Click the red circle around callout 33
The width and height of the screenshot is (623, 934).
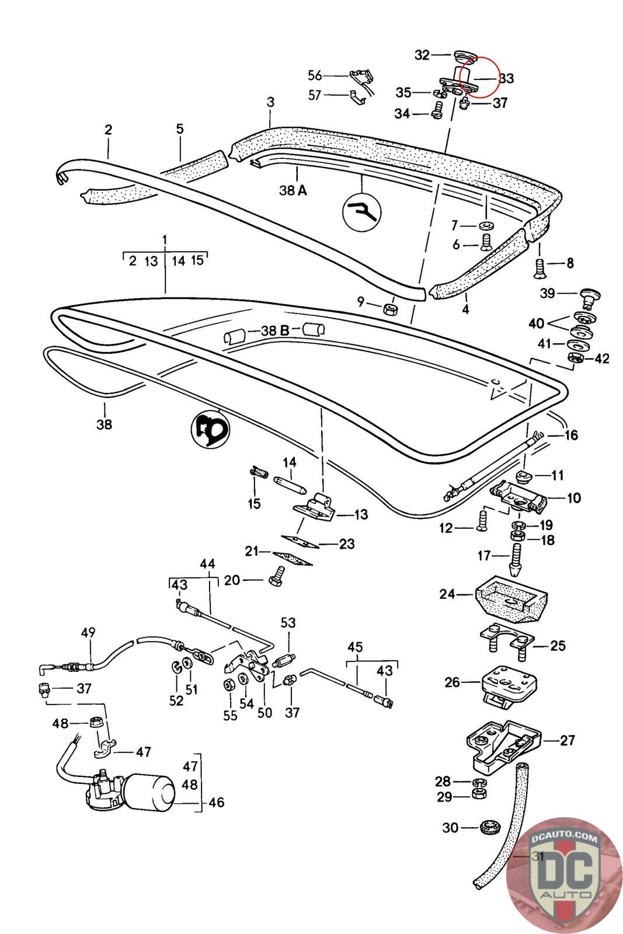pos(479,76)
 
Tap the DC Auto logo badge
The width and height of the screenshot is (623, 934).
pos(564,876)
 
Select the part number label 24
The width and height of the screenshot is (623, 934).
pos(447,594)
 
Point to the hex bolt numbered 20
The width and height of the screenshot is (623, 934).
pos(277,577)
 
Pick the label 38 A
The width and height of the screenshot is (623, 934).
pos(293,190)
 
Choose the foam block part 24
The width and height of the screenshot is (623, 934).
pos(511,599)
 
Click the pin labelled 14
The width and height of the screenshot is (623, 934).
pos(291,485)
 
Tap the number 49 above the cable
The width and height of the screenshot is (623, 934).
pos(88,632)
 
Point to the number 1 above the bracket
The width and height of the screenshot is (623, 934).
pos(165,240)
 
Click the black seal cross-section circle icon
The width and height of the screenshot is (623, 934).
pos(210,428)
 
